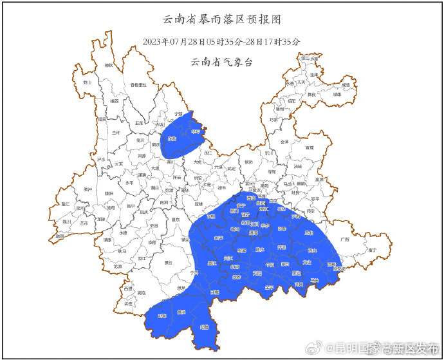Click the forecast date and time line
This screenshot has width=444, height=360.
[222, 42]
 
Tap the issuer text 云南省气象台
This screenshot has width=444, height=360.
[222, 62]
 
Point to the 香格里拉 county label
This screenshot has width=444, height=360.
[139, 84]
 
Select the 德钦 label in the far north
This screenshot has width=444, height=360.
[109, 65]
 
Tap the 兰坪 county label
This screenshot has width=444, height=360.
[116, 132]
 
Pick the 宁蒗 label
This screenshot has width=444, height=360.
[171, 113]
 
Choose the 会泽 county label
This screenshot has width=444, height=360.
[285, 142]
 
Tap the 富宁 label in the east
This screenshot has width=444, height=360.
[371, 249]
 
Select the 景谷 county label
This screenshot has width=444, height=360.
[168, 262]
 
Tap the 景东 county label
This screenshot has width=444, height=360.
[174, 219]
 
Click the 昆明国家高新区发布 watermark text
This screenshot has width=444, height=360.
[386, 348]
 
